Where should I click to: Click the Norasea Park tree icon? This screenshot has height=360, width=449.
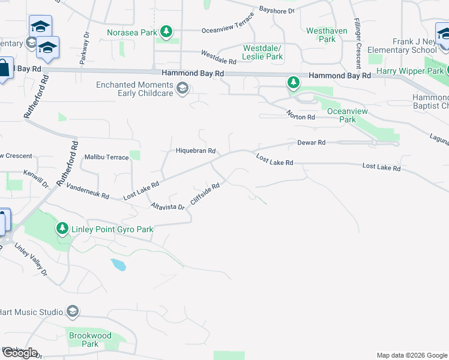[167, 32]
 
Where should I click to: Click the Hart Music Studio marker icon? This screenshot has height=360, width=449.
[73, 311]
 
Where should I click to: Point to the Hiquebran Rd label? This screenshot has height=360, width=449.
[195, 151]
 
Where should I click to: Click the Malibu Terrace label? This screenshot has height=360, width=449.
[106, 157]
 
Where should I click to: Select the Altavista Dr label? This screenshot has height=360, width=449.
[167, 206]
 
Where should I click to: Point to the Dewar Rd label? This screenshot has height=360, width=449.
[311, 143]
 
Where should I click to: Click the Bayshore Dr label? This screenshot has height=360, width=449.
[277, 10]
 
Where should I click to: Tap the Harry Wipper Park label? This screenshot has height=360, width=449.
[410, 71]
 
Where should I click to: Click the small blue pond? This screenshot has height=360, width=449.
[118, 265]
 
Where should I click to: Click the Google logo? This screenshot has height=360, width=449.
[20, 353]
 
